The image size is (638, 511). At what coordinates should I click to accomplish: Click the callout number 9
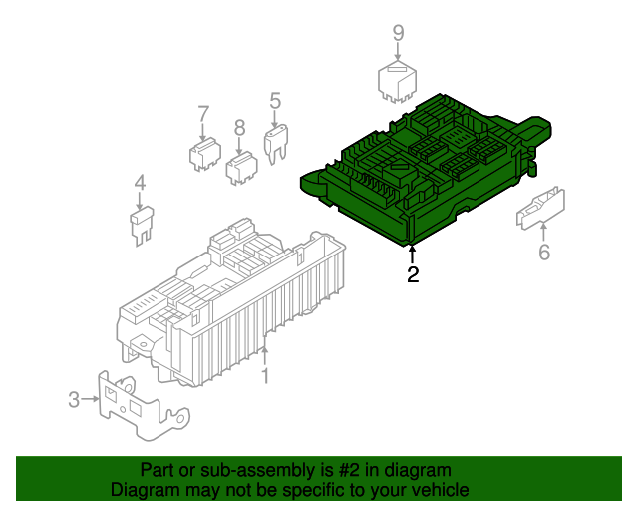(x=398, y=34)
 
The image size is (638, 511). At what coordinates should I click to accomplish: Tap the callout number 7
(x=203, y=114)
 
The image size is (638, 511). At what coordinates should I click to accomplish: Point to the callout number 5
(x=275, y=100)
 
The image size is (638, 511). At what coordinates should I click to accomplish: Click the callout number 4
(x=140, y=183)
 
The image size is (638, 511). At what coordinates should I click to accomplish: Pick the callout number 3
(x=74, y=400)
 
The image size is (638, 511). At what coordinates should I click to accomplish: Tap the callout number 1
(x=265, y=376)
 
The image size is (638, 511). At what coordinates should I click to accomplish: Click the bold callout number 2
(x=413, y=275)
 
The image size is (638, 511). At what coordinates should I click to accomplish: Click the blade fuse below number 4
(x=142, y=225)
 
